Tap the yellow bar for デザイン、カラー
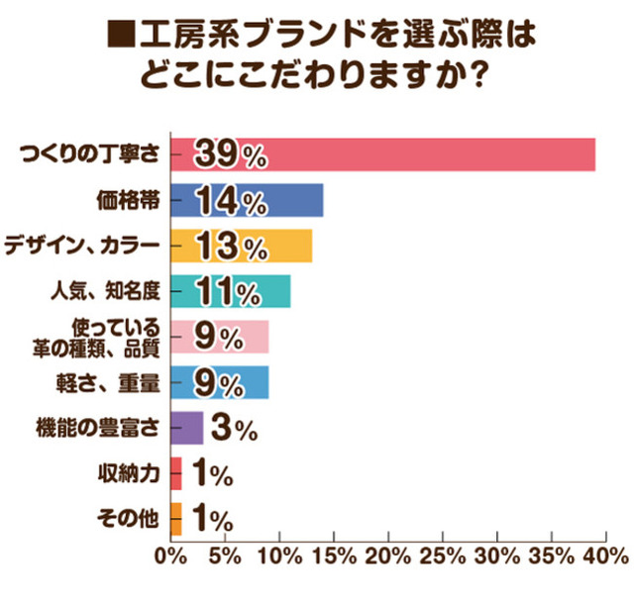[287, 246]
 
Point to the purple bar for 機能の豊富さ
[187, 428]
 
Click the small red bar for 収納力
[176, 473]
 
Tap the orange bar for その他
[176, 519]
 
